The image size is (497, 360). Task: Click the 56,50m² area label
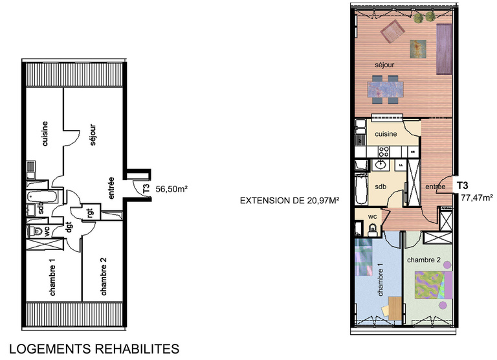(172, 189)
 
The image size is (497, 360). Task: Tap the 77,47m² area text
(473, 198)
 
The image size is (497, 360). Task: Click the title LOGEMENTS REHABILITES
(94, 349)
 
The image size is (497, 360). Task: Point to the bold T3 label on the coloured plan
(463, 186)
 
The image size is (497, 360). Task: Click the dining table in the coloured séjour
(386, 89)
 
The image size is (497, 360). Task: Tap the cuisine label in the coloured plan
(386, 134)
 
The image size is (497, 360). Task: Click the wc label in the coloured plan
(373, 216)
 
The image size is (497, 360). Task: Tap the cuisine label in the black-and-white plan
(45, 133)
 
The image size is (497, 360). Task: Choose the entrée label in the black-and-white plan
(111, 188)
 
